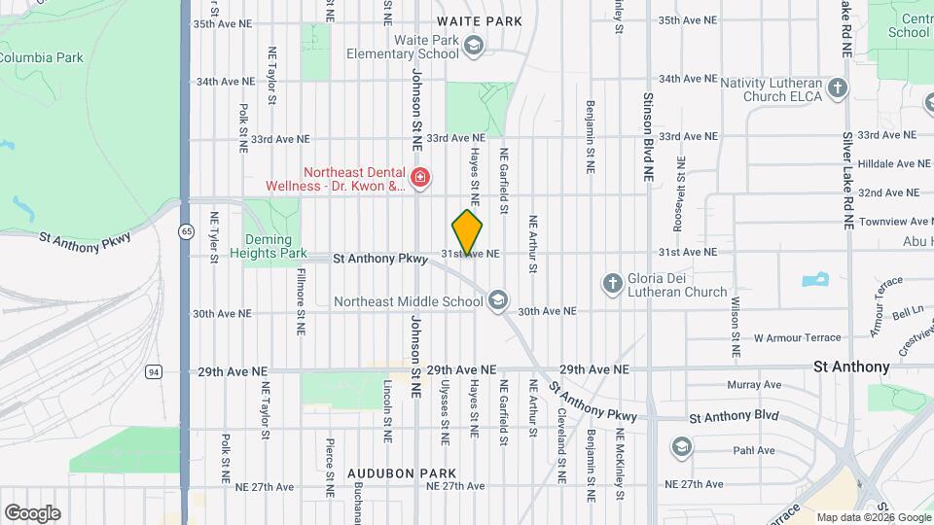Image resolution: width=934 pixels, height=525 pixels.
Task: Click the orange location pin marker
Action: coord(467,232)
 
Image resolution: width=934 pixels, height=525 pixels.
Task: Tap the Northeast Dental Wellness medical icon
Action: coord(419,177)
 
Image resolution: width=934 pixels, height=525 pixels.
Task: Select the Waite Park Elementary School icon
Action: coord(473,45)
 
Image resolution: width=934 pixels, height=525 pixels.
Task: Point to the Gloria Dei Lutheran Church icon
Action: coord(612,283)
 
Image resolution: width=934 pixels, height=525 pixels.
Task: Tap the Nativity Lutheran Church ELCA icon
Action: coord(838,88)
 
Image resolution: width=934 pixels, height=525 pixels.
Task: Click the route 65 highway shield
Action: coord(185,230)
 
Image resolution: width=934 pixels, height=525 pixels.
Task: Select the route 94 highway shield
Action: coord(154,371)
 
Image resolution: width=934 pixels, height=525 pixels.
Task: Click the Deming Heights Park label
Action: coord(261,247)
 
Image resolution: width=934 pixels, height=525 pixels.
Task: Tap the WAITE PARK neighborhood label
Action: coord(480,20)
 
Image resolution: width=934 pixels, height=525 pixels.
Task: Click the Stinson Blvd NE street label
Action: coord(647,138)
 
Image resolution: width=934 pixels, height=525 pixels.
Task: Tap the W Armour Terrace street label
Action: coord(797,337)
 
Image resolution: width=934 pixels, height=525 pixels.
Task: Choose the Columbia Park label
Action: coord(41,57)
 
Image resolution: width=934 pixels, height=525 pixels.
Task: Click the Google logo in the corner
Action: coord(32,512)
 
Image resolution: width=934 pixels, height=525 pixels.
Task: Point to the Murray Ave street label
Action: coord(754,385)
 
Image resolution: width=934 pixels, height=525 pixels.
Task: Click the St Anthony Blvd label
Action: coord(734,416)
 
